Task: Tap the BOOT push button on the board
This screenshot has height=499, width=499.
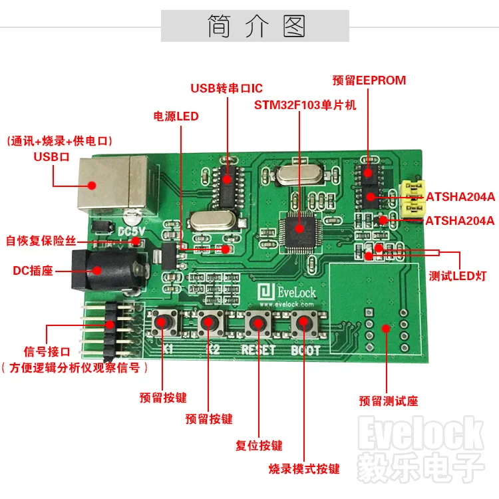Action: click(x=304, y=323)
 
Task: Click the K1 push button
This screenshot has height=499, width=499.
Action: click(x=162, y=323)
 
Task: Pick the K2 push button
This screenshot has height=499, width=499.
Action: click(x=209, y=323)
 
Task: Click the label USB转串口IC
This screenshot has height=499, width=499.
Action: click(x=227, y=88)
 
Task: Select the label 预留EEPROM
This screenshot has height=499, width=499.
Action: click(x=369, y=81)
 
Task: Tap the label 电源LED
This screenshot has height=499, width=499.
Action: click(x=176, y=116)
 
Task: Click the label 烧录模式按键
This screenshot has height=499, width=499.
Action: click(x=304, y=468)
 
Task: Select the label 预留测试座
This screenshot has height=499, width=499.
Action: click(x=389, y=401)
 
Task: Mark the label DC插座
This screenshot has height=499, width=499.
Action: click(x=33, y=271)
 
